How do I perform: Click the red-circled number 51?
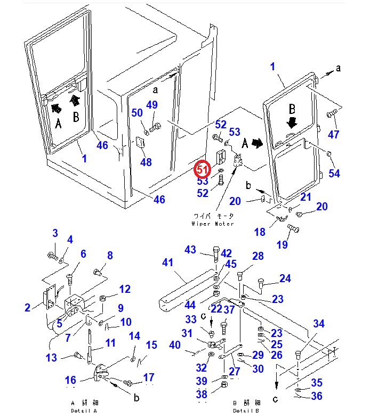tap(202, 170)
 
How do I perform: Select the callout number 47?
tap(333, 134)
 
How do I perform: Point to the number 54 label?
tap(334, 174)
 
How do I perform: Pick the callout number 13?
tap(51, 358)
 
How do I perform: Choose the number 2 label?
tap(27, 307)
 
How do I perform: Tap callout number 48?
tap(146, 162)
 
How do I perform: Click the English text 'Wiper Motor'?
tap(212, 224)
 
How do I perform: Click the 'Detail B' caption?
tap(246, 410)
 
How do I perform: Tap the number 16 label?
tap(71, 380)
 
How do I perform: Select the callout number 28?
tap(258, 256)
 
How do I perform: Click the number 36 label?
tap(317, 396)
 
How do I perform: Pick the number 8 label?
tap(110, 256)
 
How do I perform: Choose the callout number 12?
tap(125, 289)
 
